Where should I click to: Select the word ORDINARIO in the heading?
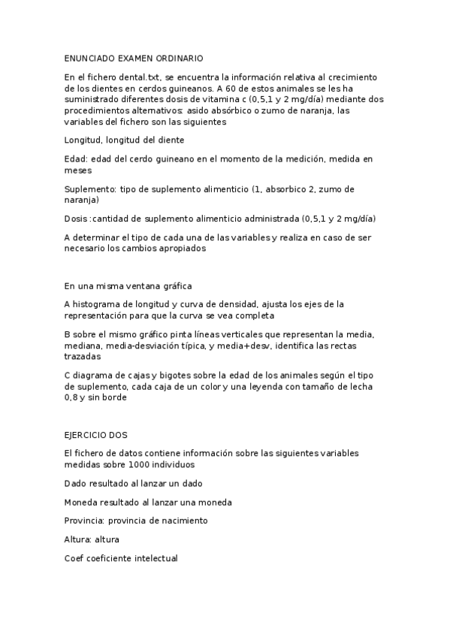pos(178,58)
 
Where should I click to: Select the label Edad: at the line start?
pos(76,158)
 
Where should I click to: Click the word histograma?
pos(95,304)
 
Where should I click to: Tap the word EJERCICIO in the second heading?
pos(89,434)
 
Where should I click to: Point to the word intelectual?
pos(153,558)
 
